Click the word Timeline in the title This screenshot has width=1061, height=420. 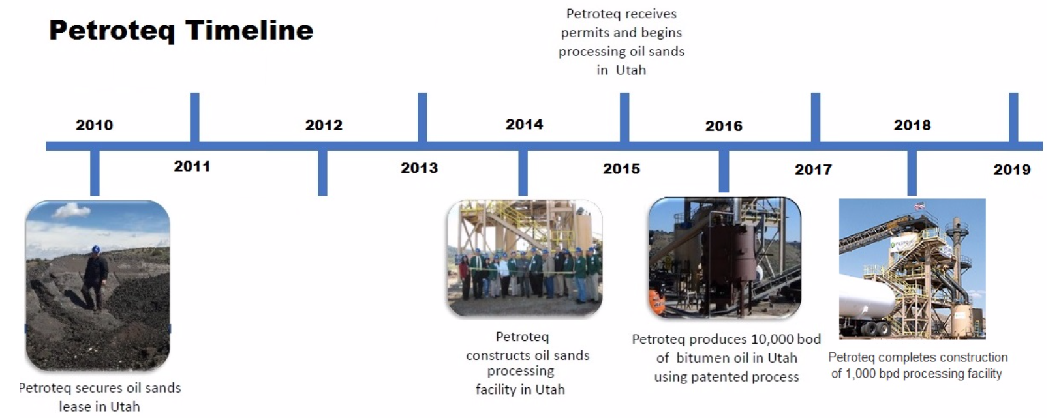(249, 31)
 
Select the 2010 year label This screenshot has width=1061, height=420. (94, 125)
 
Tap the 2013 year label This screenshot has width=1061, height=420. (419, 168)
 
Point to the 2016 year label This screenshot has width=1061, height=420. (724, 126)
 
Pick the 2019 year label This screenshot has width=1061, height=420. (1011, 170)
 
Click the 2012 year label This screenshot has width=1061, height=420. (324, 125)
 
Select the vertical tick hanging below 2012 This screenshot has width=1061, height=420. (322, 173)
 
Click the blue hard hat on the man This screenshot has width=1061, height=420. (96, 250)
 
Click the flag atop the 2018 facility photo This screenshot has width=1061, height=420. (920, 205)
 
